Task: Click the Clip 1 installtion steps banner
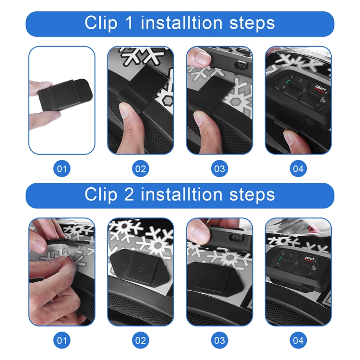[x=180, y=24]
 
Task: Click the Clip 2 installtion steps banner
[x=180, y=195]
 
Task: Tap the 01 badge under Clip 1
[x=61, y=168]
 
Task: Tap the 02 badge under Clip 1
[x=140, y=168]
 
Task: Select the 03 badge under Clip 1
[x=219, y=168]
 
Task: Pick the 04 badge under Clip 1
[x=298, y=168]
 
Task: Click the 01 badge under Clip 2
[x=61, y=340]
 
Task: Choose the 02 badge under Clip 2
[x=140, y=340]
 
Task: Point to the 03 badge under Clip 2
[x=219, y=340]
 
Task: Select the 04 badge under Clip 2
[x=298, y=340]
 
